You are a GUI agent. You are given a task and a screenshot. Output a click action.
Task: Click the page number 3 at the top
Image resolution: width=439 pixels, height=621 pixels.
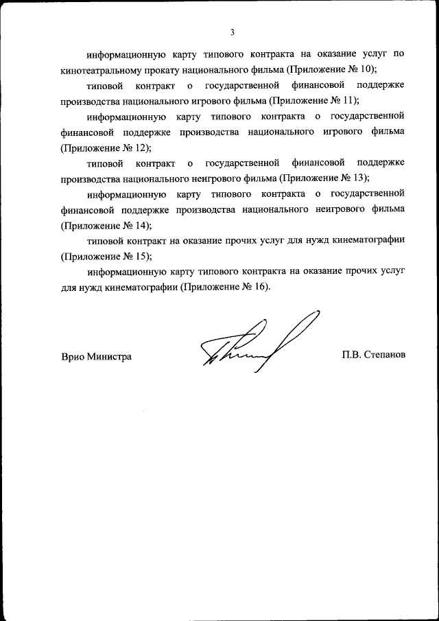point(233,32)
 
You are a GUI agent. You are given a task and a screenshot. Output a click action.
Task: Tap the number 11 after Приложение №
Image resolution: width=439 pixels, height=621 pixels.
point(348,100)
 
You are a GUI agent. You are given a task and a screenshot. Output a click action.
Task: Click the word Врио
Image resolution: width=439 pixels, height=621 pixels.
point(72,357)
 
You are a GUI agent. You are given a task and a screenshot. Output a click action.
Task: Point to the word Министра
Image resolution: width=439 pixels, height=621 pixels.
point(109,357)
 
